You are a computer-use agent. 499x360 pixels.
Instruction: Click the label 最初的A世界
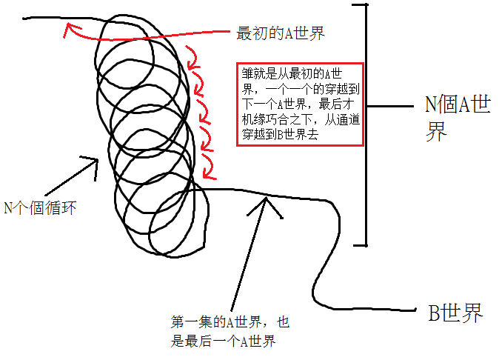tap(281, 33)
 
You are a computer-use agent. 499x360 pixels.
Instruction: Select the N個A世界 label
tap(457, 117)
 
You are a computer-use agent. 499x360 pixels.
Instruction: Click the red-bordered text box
tap(300, 104)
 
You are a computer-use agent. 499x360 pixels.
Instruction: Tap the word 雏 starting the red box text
tap(247, 73)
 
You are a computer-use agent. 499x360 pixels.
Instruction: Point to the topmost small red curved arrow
tap(190, 53)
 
